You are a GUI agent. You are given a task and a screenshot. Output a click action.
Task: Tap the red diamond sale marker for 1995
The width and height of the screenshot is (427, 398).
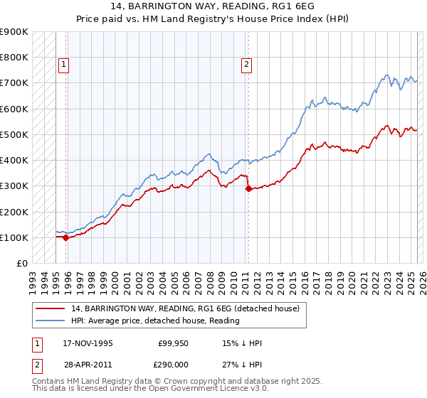point(65,238)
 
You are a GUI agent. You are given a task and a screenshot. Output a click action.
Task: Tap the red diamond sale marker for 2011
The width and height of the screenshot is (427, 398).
point(248,189)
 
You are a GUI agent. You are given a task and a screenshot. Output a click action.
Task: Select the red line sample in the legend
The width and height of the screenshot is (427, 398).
point(50,308)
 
